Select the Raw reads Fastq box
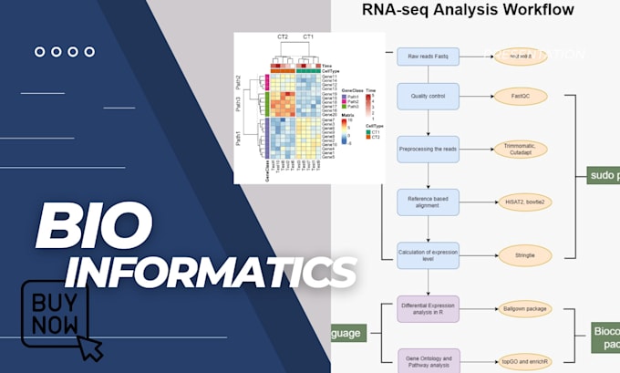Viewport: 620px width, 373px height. click(428, 57)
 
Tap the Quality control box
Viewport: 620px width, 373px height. click(428, 96)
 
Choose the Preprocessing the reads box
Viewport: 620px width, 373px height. click(428, 149)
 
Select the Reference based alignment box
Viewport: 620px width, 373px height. click(428, 201)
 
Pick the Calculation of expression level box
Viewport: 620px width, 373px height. click(428, 255)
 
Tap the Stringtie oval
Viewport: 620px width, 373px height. click(524, 255)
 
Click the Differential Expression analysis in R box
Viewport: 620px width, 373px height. click(428, 310)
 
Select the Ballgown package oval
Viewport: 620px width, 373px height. click(524, 310)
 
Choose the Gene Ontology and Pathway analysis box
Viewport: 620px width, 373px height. click(428, 360)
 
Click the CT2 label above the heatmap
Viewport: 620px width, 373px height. click(283, 37)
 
